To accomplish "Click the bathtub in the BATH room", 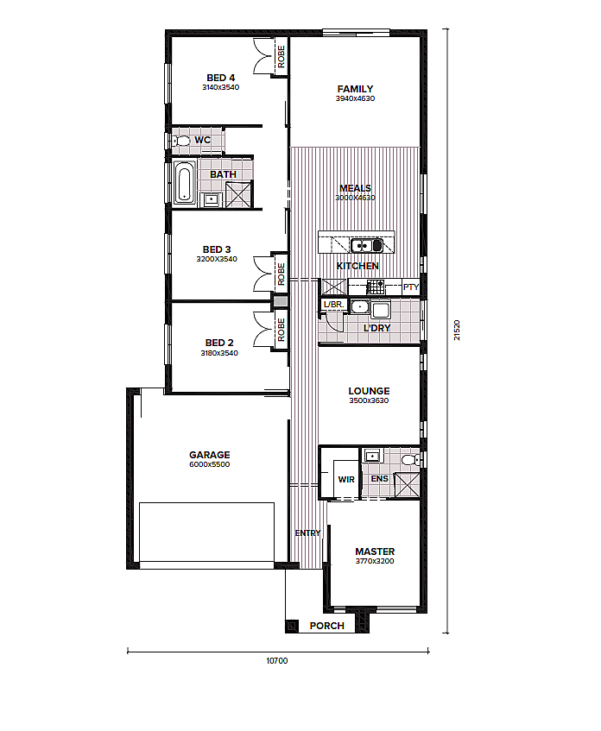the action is coord(184,184).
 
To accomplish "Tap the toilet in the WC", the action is coord(181,141).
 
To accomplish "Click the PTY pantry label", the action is coord(411,287).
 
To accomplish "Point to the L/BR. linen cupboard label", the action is coord(333,305).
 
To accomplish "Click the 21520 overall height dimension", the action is coord(457,330).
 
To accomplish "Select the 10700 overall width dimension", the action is coord(277,660).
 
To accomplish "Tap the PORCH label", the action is coord(327,626).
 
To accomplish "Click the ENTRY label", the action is coord(308,532).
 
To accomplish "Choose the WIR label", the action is coord(346,479).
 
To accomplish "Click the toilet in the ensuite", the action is coord(411,460).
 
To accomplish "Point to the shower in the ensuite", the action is coord(407,485).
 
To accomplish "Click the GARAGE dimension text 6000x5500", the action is coord(210,464).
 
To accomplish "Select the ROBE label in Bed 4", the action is coord(281,56).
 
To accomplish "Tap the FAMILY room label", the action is coord(355,89).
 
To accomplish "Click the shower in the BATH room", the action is coord(238,194).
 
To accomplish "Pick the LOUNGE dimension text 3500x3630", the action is coord(369,400).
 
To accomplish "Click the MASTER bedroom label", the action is coord(375,551).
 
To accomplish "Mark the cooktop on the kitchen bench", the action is coord(375,287).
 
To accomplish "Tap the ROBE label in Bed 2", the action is coord(281,330).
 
